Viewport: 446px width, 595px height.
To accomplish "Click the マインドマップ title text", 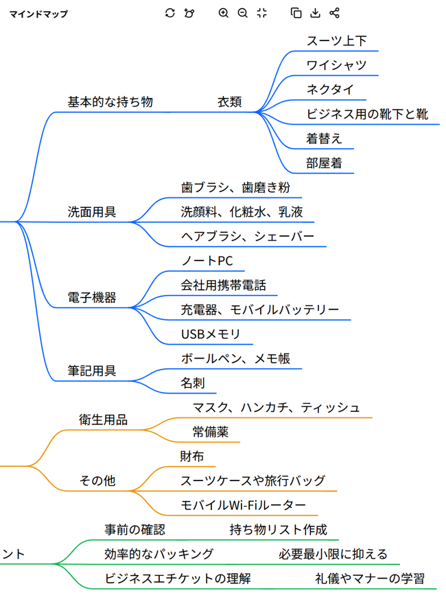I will (x=38, y=13).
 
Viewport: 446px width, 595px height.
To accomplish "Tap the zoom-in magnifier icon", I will (x=223, y=12).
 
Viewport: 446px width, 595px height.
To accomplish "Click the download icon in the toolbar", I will (x=316, y=12).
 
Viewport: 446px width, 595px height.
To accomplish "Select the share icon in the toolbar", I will (x=335, y=12).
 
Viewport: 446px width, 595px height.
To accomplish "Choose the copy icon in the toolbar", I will (x=296, y=12).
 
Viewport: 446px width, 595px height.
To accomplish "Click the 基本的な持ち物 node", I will (x=110, y=101).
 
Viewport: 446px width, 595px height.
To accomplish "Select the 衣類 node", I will (x=229, y=101).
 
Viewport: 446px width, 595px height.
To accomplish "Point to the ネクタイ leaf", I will (x=330, y=90).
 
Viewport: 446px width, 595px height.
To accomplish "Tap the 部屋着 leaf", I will (x=325, y=163).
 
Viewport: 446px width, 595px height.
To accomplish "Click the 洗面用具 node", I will (x=91, y=212).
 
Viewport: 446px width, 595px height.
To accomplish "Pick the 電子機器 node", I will (x=91, y=297).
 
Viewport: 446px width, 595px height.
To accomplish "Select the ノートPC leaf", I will (x=207, y=261).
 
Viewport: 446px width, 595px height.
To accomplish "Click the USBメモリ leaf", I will (x=211, y=335).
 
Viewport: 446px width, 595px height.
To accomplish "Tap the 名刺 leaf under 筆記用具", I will (x=193, y=382).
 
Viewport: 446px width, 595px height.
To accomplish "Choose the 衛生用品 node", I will (x=104, y=420).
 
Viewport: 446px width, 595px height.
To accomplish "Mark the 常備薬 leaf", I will (x=211, y=432).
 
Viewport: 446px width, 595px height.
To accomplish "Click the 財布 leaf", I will (x=192, y=456).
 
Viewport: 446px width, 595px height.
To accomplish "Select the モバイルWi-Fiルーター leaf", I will (x=243, y=505).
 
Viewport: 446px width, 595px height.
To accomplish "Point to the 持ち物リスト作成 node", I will (x=278, y=529).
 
